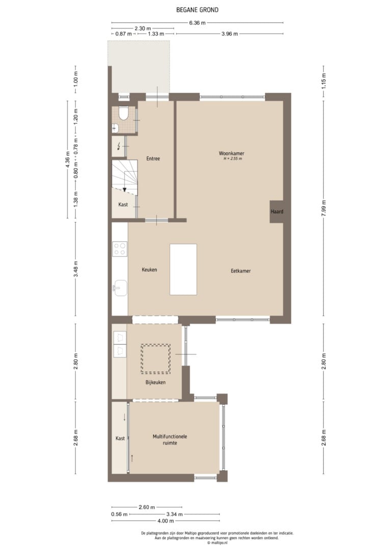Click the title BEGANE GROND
(197, 10)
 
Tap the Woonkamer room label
(231, 154)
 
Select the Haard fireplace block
(277, 211)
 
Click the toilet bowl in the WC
(123, 113)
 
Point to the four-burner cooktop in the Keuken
(120, 249)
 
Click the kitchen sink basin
(120, 288)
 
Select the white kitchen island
(183, 269)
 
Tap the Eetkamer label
(241, 271)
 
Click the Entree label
(153, 159)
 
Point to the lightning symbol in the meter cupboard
(119, 145)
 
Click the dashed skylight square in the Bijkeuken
(155, 359)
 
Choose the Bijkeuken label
(155, 382)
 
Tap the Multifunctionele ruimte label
(170, 440)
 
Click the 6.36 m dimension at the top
(197, 23)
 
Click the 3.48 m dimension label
(75, 269)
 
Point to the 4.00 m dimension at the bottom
(165, 520)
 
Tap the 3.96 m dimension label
(230, 34)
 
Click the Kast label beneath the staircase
(123, 204)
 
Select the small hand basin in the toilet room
(115, 129)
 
